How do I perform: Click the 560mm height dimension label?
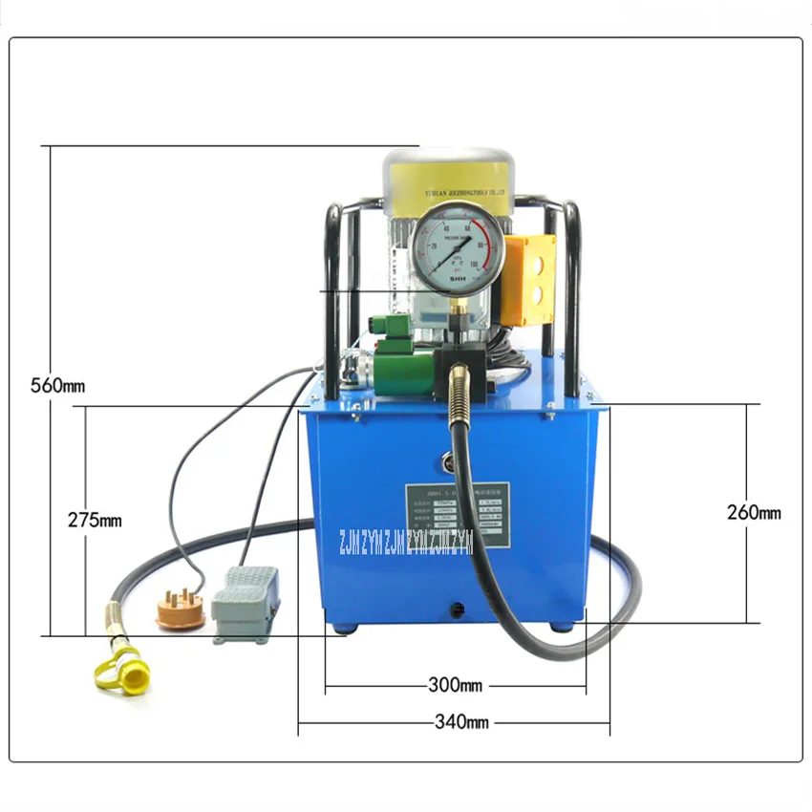pyautogui.click(x=58, y=386)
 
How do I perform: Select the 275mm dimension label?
pyautogui.click(x=95, y=521)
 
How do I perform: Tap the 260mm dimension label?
pyautogui.click(x=753, y=513)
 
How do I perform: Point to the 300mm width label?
pyautogui.click(x=455, y=686)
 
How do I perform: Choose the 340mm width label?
pyautogui.click(x=455, y=722)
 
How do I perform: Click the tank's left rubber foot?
pyautogui.click(x=342, y=628)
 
